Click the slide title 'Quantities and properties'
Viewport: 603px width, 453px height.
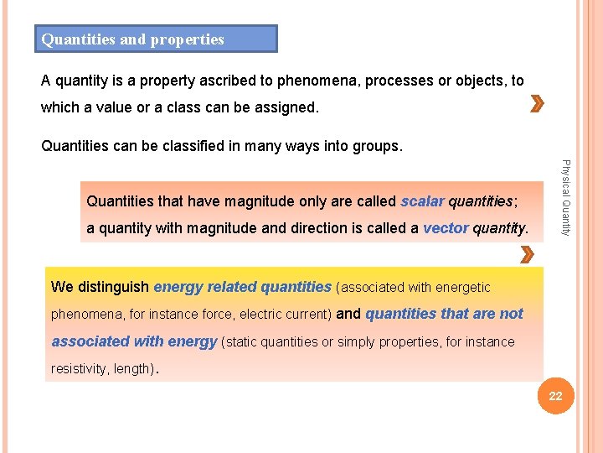click(133, 39)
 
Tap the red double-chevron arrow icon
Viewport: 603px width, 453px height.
click(537, 106)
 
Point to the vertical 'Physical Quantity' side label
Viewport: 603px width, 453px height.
click(565, 197)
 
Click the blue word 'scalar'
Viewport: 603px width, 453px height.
click(422, 201)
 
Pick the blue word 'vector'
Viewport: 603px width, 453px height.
click(446, 228)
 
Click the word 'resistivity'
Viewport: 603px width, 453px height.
click(78, 368)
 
